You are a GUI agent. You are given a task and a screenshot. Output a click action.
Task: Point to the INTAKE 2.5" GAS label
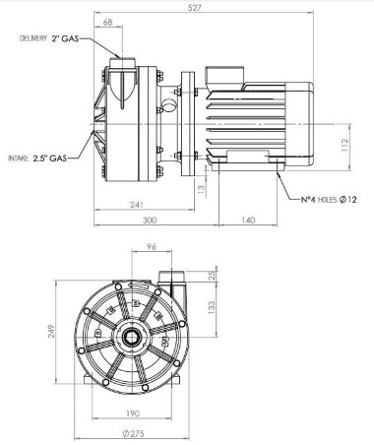click(37, 157)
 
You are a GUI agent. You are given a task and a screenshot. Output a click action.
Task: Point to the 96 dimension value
click(153, 247)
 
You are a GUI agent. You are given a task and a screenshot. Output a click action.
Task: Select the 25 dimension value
click(213, 275)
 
